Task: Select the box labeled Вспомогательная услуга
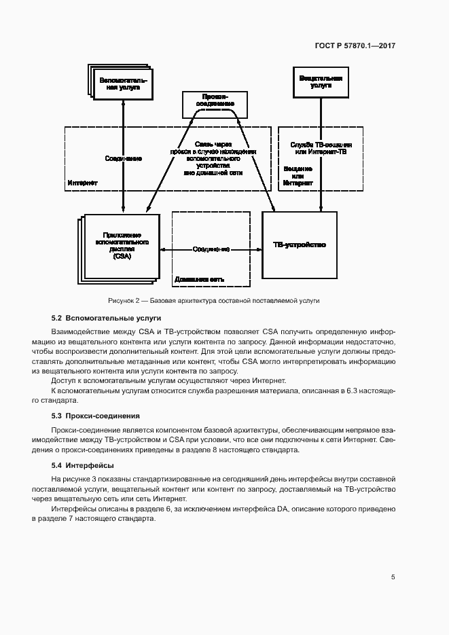point(123,84)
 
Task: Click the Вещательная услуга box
point(321,81)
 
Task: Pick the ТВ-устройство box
point(299,244)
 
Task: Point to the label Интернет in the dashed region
point(82,183)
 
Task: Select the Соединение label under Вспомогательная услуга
point(123,158)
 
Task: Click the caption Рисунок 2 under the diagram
point(213,300)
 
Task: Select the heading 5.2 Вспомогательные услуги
point(106,317)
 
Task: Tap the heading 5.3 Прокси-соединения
point(96,415)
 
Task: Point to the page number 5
point(393,577)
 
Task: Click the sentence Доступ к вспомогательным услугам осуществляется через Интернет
point(169,380)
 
